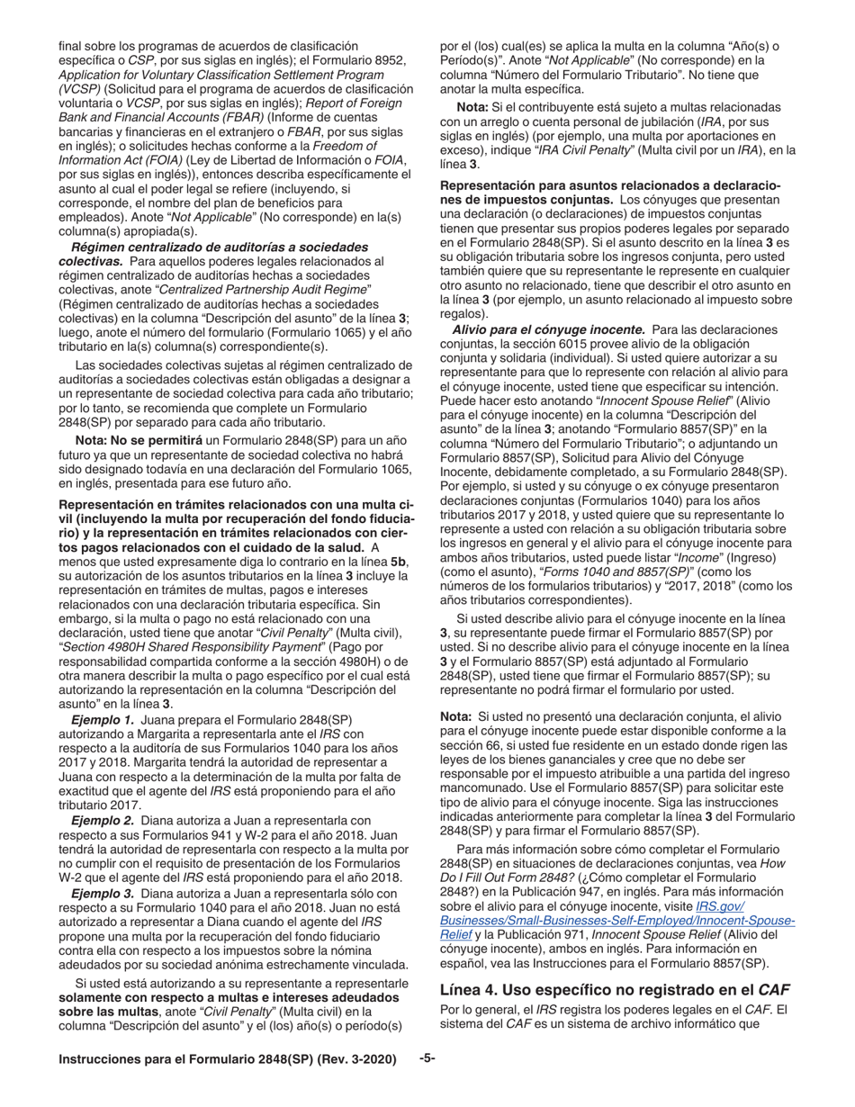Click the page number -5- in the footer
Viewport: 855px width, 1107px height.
click(x=427, y=1058)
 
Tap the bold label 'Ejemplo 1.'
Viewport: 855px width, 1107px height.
click(x=103, y=719)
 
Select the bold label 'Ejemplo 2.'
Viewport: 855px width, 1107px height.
click(x=103, y=820)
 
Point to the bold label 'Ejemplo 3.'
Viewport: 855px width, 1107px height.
click(x=103, y=893)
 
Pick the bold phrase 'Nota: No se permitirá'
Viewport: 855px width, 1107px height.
click(x=139, y=439)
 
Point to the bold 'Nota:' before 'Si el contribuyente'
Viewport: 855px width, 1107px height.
click(x=473, y=107)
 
